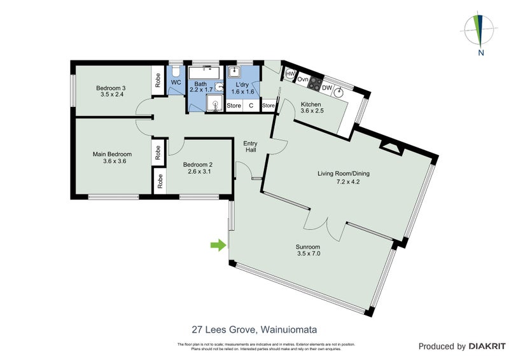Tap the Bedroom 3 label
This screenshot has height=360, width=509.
coord(111,88)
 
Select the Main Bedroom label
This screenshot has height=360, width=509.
coord(113,155)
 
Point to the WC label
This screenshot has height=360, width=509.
coord(176,83)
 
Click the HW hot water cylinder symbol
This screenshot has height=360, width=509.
coord(289,74)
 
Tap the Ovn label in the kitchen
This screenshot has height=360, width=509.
coord(303,80)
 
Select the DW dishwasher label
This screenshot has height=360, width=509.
coord(327,88)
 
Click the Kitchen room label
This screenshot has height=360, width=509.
coord(311,104)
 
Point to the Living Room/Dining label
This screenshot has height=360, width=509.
coord(344,173)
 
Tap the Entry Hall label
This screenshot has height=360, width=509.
coord(250,147)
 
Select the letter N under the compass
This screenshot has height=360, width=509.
coord(482,53)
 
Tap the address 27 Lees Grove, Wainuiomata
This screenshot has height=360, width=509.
coord(254,329)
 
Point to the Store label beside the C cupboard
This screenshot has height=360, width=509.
coord(234,106)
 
